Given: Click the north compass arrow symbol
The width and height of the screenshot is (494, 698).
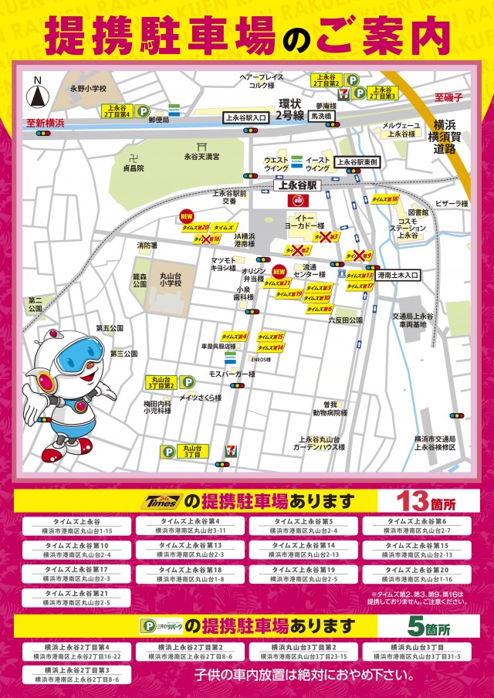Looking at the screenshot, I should tap(36, 97).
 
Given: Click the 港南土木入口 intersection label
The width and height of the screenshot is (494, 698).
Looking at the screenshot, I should tap(399, 274).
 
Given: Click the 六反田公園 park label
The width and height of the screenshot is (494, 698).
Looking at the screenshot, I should tap(345, 320).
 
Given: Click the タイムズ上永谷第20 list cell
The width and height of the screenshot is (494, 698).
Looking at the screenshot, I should tap(421, 574).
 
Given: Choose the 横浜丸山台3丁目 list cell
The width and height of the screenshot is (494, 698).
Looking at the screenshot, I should tap(421, 651).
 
